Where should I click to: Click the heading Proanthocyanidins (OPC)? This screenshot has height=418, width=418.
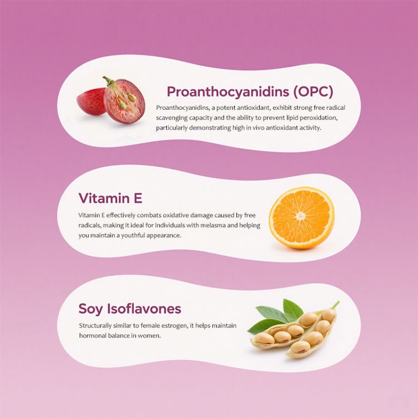(249, 92)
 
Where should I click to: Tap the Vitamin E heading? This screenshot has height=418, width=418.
(110, 199)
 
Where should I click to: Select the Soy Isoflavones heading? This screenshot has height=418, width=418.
(130, 309)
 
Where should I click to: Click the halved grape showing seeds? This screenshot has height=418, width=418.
(124, 101)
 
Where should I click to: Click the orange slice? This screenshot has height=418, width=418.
(301, 218)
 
